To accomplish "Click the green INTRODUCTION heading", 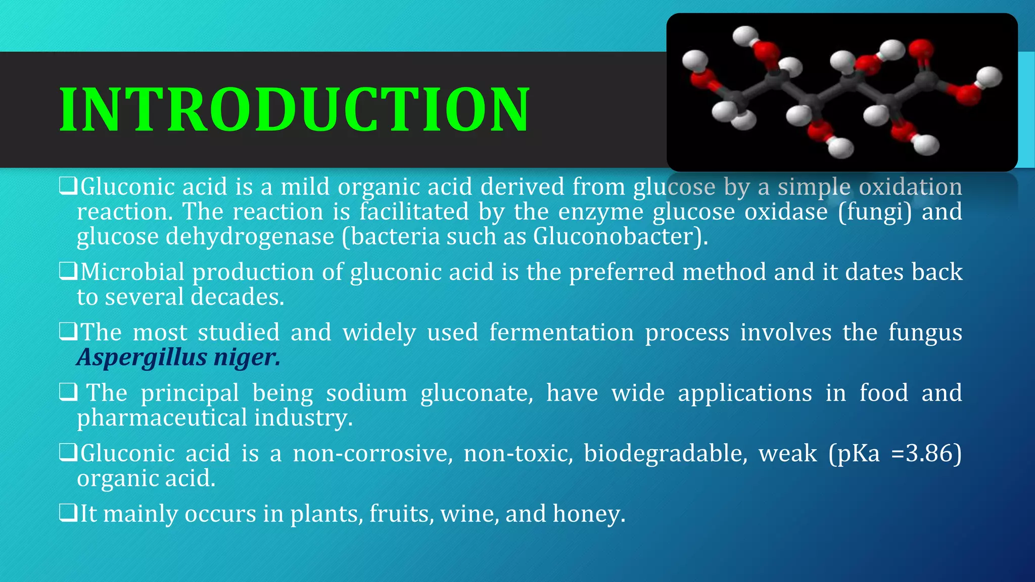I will point(294,110).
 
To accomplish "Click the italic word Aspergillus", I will point(142,357).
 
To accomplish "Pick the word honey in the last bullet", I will point(589,514).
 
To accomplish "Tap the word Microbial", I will point(132,272).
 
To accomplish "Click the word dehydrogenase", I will point(250,236).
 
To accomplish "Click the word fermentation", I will point(561,332).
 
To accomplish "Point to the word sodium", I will point(366,393).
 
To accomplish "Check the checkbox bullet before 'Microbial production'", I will point(68,271).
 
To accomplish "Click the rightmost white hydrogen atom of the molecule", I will point(989,77).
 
